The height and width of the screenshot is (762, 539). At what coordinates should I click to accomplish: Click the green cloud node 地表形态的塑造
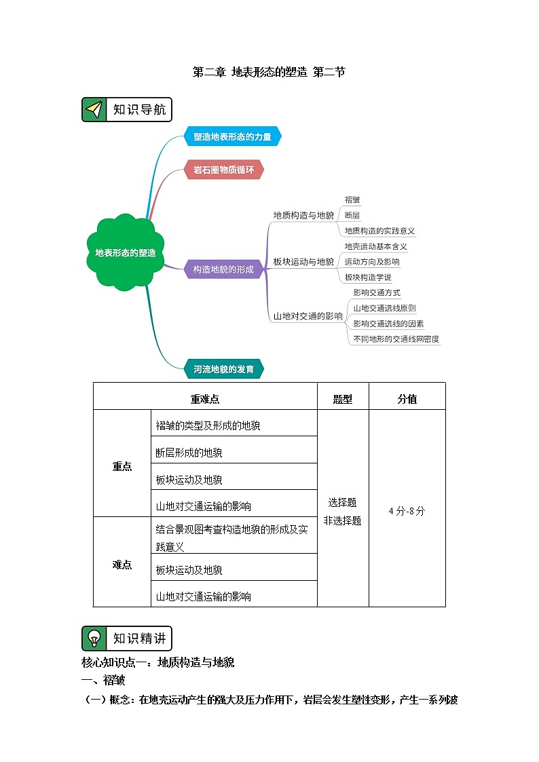(x=126, y=252)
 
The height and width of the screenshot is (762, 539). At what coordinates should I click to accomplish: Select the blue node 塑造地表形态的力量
(x=232, y=136)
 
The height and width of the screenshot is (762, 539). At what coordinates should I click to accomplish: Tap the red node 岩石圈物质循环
(x=223, y=170)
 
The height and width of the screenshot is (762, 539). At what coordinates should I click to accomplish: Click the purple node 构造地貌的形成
(x=223, y=269)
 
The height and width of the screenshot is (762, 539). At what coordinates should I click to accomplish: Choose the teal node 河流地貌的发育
(x=223, y=369)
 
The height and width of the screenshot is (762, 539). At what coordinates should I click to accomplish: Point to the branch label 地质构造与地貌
(x=303, y=215)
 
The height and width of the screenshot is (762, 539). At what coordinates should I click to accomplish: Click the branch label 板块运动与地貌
(x=303, y=261)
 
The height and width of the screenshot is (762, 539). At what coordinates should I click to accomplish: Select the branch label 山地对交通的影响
(x=308, y=316)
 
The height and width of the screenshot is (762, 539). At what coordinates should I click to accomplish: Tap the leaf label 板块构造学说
(x=367, y=277)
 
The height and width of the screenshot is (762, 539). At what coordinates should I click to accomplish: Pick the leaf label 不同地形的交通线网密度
(x=396, y=339)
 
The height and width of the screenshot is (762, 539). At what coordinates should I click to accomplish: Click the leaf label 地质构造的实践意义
(x=379, y=231)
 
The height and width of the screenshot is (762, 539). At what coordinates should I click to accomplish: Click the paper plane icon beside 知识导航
(x=95, y=110)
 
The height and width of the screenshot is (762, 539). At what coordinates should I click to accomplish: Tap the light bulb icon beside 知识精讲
(x=95, y=639)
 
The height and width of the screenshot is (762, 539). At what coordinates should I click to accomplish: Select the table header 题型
(x=343, y=399)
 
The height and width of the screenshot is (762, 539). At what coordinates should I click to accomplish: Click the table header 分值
(x=407, y=399)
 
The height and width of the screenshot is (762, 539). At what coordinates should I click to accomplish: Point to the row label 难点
(x=122, y=565)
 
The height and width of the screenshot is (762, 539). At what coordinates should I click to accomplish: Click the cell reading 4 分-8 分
(x=407, y=511)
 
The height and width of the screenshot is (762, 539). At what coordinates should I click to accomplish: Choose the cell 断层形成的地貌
(x=189, y=453)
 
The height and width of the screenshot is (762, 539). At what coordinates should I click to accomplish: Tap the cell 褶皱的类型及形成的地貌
(x=208, y=425)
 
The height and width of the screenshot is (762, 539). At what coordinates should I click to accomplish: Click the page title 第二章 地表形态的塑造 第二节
(x=269, y=72)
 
